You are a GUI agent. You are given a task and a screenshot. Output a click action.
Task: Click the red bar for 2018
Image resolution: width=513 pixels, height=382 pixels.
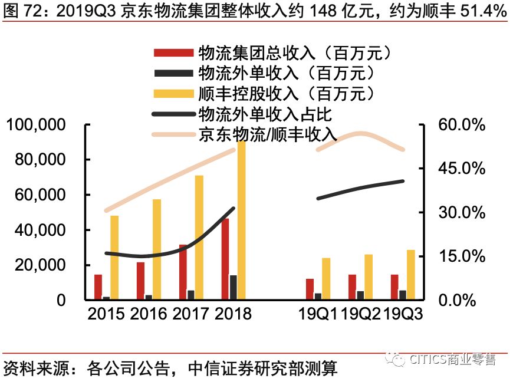[x=225, y=259]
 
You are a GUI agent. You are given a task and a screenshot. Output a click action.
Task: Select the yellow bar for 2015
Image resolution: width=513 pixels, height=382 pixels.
[x=114, y=258]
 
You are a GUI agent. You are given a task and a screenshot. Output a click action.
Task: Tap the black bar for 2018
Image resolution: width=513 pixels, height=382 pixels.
[x=234, y=287]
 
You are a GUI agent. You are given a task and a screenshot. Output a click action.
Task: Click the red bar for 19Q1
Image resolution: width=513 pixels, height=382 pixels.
[x=310, y=289]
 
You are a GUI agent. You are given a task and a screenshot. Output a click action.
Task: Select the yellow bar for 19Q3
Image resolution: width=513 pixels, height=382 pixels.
[x=411, y=275]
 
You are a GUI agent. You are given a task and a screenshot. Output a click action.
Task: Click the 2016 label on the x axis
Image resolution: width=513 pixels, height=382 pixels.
[x=149, y=313]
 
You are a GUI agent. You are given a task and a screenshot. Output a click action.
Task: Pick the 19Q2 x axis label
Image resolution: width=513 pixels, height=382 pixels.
[x=361, y=313]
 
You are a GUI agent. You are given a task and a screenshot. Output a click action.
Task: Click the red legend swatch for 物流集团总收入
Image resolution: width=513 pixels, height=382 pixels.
[x=173, y=53]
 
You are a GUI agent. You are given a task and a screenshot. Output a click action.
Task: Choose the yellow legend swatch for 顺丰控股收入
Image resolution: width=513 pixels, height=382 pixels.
[x=173, y=93]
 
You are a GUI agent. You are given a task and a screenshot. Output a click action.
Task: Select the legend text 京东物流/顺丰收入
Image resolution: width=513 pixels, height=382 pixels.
[x=268, y=134]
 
